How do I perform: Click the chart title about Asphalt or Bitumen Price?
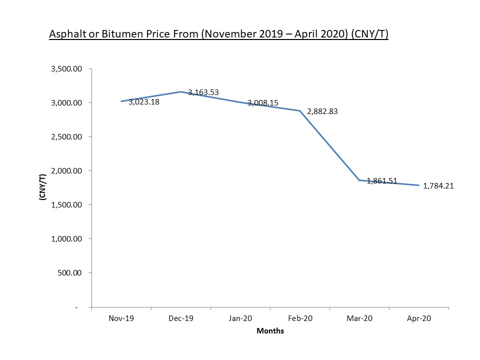coord(218,34)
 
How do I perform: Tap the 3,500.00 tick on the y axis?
coord(66,69)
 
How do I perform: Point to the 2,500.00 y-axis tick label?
coord(66,137)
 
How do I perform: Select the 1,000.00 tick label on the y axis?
coord(66,239)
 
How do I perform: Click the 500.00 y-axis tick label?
coord(70,273)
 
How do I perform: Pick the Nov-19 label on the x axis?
coord(121,318)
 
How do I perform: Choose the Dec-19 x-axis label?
coord(180,318)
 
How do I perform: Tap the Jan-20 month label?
coord(240,318)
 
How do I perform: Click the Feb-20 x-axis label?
coord(300,318)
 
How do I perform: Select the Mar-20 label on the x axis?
coord(359,318)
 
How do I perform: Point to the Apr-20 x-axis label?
coord(419,318)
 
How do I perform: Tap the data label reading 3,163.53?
coord(203,92)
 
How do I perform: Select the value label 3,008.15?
coord(263,103)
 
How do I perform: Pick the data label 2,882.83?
coord(322,112)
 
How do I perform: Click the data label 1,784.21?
coord(438,186)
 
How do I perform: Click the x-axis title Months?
coord(270,331)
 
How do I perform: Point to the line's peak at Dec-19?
coord(180,92)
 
